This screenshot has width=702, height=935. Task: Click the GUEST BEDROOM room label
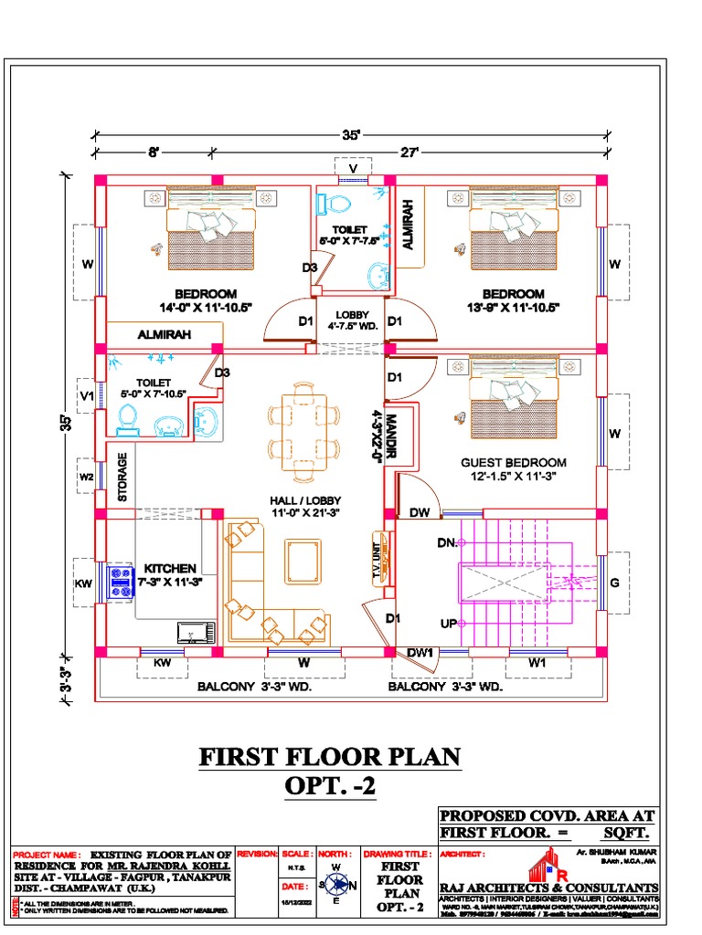[x=513, y=463]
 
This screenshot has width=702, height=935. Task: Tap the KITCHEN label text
[x=169, y=569]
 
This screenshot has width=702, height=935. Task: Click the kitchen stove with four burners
[x=120, y=582]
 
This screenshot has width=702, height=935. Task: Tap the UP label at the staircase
[x=447, y=624]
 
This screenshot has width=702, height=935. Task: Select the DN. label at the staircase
[x=447, y=543]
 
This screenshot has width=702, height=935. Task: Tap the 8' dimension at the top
[x=154, y=152]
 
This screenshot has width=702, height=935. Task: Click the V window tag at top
[x=352, y=166]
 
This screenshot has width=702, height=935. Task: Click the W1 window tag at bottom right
[x=537, y=663]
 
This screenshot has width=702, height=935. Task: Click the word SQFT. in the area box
[x=625, y=834]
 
